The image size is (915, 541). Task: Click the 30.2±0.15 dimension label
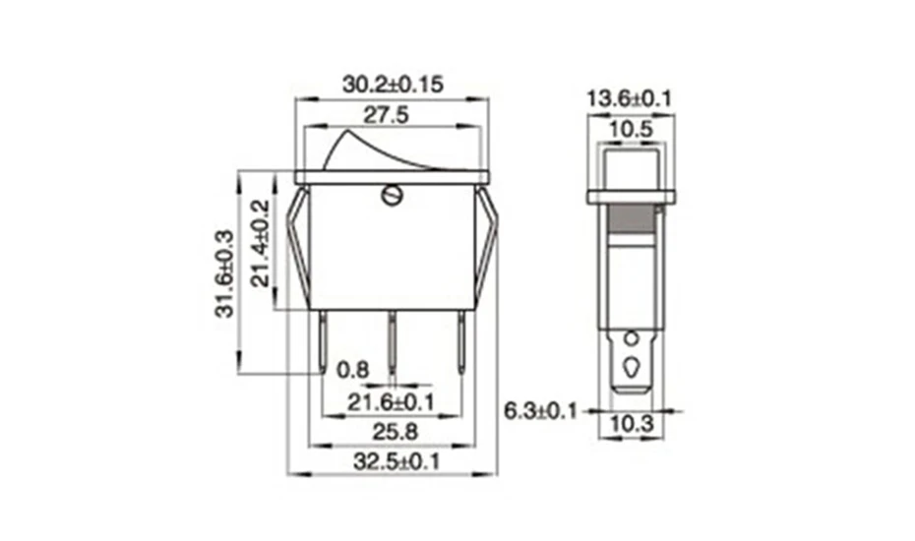[393, 85]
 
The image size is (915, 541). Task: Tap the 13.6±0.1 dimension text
[629, 98]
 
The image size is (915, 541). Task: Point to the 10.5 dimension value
[630, 130]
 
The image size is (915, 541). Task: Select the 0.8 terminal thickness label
[351, 370]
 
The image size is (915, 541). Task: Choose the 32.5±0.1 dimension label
[393, 460]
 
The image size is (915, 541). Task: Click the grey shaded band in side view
[630, 218]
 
